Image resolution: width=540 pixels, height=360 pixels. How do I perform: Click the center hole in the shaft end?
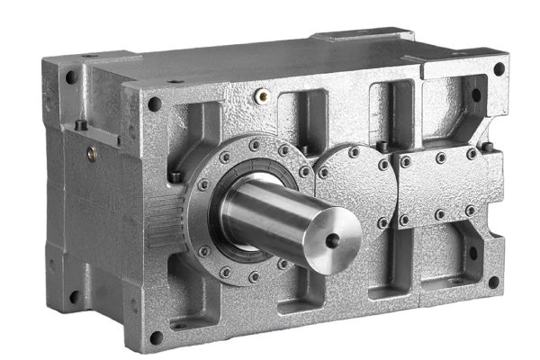tap(334, 239)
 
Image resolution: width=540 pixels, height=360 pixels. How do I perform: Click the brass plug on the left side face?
tap(92, 154)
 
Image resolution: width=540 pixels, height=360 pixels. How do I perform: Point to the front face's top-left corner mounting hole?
tap(154, 103)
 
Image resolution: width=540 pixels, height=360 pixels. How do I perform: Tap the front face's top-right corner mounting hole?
tap(499, 68)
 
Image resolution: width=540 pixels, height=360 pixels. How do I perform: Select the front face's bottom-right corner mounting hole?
tap(493, 282)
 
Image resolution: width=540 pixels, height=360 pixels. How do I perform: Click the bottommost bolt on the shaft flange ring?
tap(256, 278)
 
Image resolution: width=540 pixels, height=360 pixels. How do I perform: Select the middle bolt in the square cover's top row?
tap(440, 157)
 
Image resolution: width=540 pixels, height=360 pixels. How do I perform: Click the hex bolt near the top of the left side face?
tap(79, 125)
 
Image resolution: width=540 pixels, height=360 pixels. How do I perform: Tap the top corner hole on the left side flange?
tap(70, 76)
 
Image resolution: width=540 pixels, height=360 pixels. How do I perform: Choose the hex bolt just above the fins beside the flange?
tap(176, 175)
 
